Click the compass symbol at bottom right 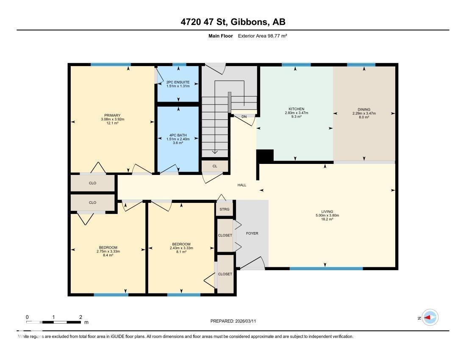coord(430,317)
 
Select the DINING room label coord(363,109)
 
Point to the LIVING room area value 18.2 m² coord(327,219)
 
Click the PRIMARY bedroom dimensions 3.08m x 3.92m coord(112,119)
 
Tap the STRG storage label coord(225,209)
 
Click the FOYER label coord(252,233)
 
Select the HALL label coord(241,185)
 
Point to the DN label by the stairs coord(244,116)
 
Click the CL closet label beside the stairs coord(215,166)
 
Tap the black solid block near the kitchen coord(265,156)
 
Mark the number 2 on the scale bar coord(80,317)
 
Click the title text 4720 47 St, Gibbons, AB coord(233,22)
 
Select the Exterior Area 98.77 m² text coord(263,36)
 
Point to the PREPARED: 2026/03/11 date coord(233,321)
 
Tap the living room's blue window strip coord(326,269)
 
